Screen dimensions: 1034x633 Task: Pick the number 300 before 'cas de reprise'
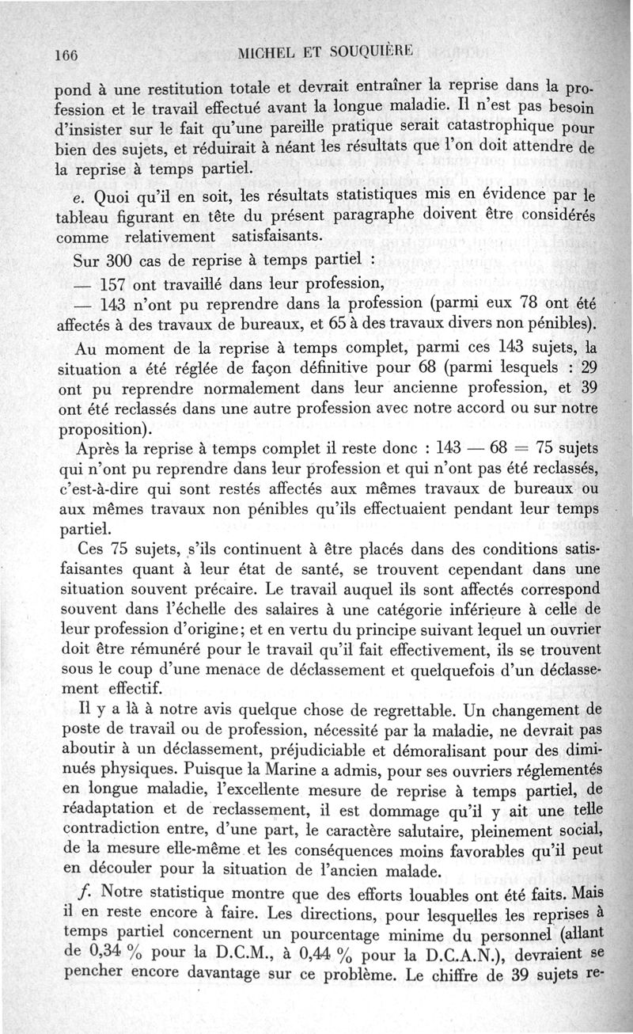119,260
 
